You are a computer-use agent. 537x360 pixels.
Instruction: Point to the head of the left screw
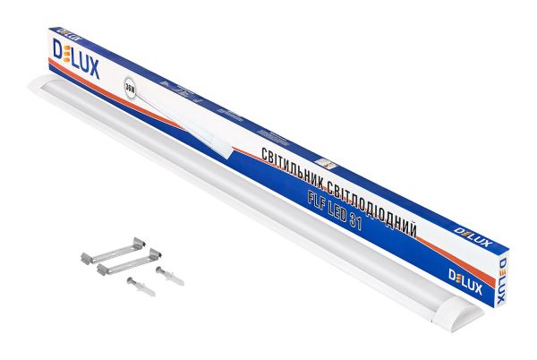pos(130,281)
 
